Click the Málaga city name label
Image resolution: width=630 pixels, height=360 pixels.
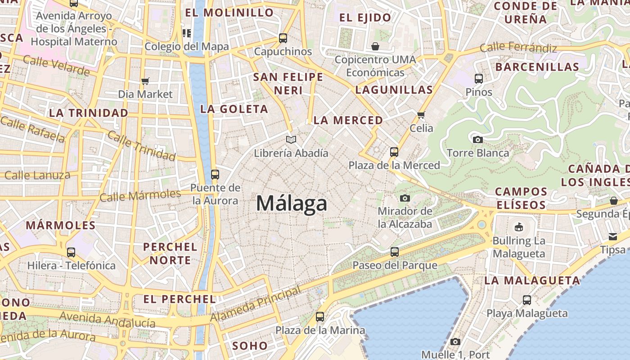pyautogui.click(x=292, y=203)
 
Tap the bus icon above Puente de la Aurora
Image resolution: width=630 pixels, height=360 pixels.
pyautogui.click(x=215, y=174)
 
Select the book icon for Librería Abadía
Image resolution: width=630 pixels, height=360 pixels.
pyautogui.click(x=291, y=140)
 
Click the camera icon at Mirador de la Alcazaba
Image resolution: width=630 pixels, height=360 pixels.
pyautogui.click(x=405, y=198)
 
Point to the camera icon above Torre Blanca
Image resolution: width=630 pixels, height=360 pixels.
pyautogui.click(x=478, y=139)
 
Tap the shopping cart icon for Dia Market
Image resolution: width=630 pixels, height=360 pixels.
pyautogui.click(x=145, y=81)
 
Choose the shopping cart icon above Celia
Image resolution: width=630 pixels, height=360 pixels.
pyautogui.click(x=421, y=115)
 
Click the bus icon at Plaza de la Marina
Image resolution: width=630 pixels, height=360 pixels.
pyautogui.click(x=320, y=317)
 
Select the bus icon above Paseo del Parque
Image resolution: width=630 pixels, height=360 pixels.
pyautogui.click(x=395, y=252)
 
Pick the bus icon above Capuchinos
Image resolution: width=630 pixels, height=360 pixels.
pyautogui.click(x=283, y=38)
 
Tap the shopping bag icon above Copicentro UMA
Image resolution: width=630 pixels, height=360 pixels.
pyautogui.click(x=375, y=46)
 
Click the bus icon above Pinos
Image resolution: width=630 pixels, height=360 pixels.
pyautogui.click(x=479, y=79)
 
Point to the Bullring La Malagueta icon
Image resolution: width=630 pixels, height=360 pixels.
pyautogui.click(x=519, y=227)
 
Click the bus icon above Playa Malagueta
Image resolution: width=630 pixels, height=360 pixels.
pyautogui.click(x=527, y=300)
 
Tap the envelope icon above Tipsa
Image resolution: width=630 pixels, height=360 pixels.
pyautogui.click(x=613, y=236)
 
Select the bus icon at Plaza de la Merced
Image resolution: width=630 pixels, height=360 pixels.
pyautogui.click(x=394, y=152)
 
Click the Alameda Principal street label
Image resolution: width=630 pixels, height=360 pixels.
pyautogui.click(x=256, y=304)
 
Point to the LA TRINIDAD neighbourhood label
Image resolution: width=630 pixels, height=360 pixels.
pyautogui.click(x=89, y=113)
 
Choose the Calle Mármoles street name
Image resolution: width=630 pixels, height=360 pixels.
pyautogui.click(x=140, y=196)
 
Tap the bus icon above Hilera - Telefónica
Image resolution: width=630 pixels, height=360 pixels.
pyautogui.click(x=71, y=252)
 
